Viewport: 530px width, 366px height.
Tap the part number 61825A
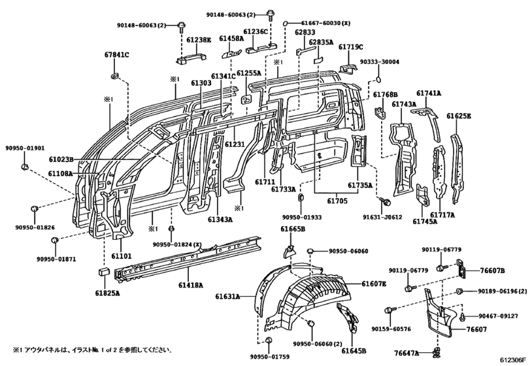[106, 293]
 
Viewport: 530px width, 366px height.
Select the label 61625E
[459, 116]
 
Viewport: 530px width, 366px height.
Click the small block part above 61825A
[103, 270]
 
